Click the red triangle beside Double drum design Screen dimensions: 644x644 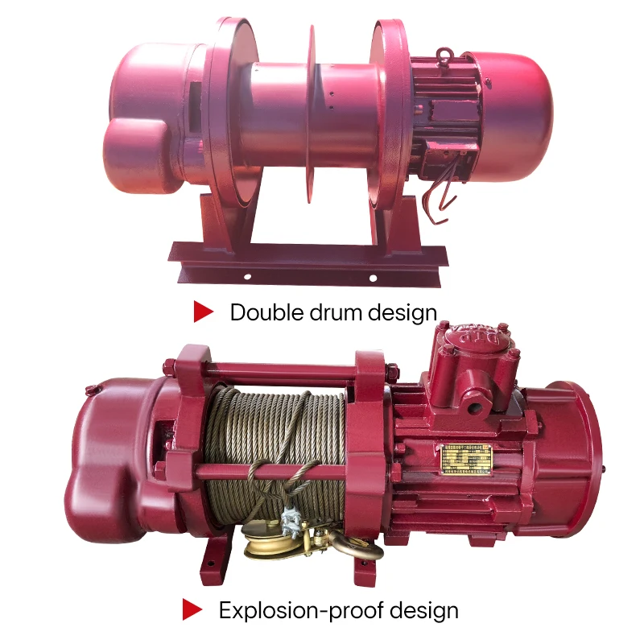point(204,312)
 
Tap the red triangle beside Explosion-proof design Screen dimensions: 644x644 point(192,609)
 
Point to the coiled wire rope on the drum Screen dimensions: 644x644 point(274,435)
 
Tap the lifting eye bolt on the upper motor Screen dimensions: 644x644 point(444,55)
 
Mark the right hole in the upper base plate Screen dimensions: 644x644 point(373,278)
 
